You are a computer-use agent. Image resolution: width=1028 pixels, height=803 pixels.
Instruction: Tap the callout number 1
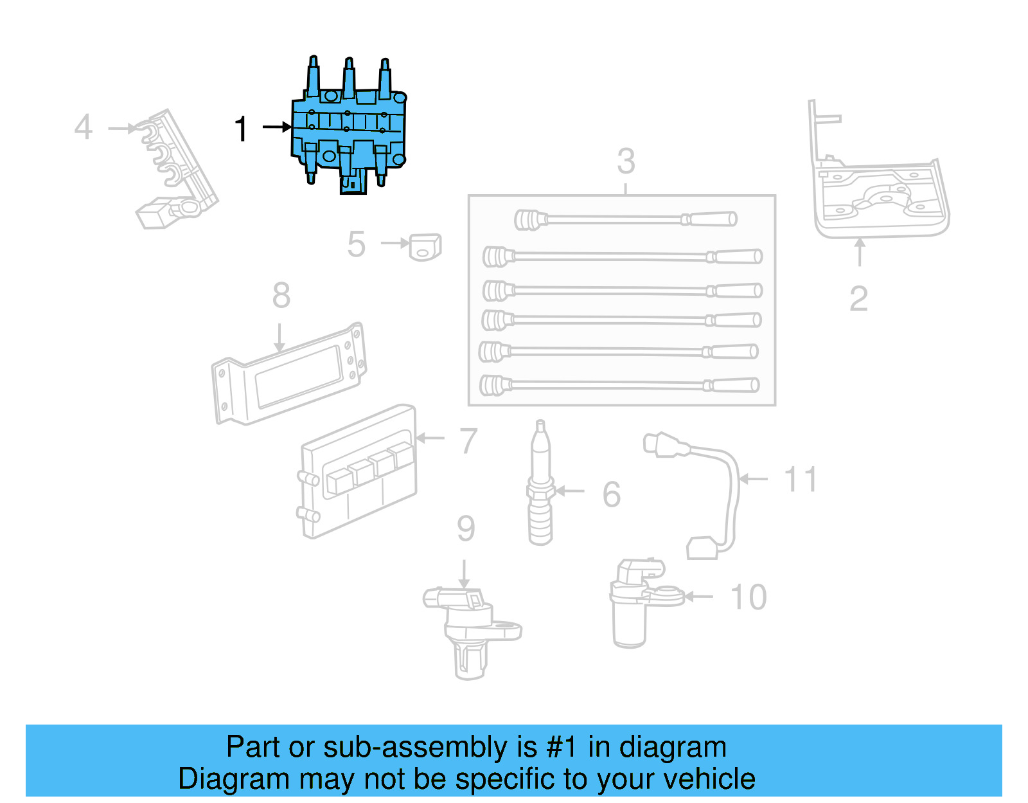pyautogui.click(x=241, y=129)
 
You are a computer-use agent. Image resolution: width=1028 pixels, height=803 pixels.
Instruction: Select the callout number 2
pyautogui.click(x=858, y=299)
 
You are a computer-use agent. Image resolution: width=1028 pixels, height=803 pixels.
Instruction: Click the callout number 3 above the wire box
pyautogui.click(x=626, y=161)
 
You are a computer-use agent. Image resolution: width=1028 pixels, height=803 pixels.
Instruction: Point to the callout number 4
pyautogui.click(x=84, y=127)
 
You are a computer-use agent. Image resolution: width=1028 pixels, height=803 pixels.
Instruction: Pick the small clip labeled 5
pyautogui.click(x=425, y=247)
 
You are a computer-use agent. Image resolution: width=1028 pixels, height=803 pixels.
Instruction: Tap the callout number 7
pyautogui.click(x=468, y=441)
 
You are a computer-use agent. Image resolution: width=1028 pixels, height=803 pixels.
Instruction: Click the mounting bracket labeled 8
pyautogui.click(x=289, y=376)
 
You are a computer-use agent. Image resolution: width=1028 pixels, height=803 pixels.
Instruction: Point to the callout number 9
pyautogui.click(x=466, y=528)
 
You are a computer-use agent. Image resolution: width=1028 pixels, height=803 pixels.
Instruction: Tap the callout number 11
pyautogui.click(x=801, y=480)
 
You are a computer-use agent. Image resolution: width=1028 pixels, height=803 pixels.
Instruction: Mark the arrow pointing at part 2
pyautogui.click(x=860, y=252)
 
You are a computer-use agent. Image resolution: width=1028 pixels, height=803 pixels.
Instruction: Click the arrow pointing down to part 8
pyautogui.click(x=279, y=338)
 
